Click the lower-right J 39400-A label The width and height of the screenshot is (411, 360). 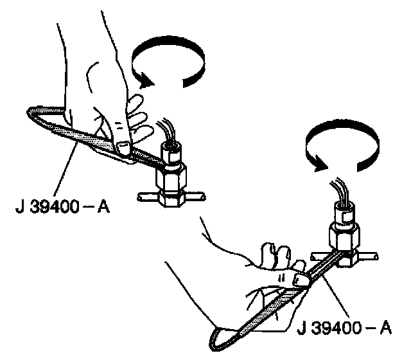[x=344, y=328]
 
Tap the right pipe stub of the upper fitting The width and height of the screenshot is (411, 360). [x=199, y=193]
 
